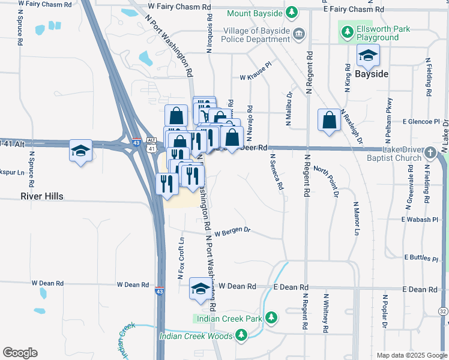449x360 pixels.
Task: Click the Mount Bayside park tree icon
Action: [x=291, y=12]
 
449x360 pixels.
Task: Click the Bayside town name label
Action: [x=372, y=74]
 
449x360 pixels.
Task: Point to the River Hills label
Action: [x=41, y=196]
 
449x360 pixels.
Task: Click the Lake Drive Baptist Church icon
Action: [x=430, y=154]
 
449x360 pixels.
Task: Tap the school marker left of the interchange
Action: [x=80, y=152]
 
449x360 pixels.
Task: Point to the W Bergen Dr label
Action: [x=232, y=231]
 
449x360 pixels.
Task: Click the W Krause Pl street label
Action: [x=256, y=77]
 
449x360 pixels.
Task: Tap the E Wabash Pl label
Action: [x=420, y=220]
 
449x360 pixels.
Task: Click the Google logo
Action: [x=20, y=353]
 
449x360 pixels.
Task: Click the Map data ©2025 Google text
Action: [x=411, y=355]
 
